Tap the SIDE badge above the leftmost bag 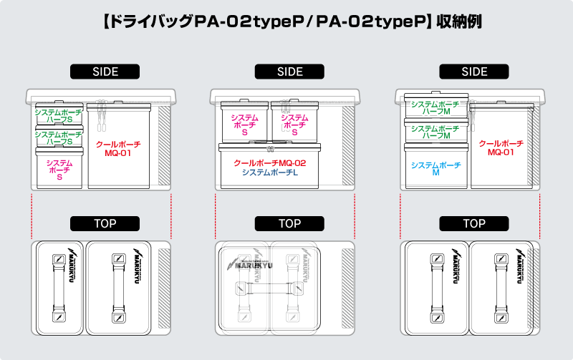(x=105, y=72)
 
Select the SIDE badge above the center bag (x=289, y=72)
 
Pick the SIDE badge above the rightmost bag (x=474, y=72)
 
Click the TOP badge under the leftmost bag (x=105, y=223)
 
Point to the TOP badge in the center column (x=289, y=223)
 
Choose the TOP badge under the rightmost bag (x=474, y=223)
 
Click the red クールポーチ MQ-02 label (x=270, y=162)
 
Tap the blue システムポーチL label (x=270, y=172)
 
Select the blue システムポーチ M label (x=435, y=169)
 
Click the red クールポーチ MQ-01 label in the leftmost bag (x=118, y=148)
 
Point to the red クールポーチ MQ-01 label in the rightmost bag (x=501, y=147)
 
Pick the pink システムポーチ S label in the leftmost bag (x=59, y=170)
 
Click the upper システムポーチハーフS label (x=59, y=115)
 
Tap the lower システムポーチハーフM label (x=435, y=131)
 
